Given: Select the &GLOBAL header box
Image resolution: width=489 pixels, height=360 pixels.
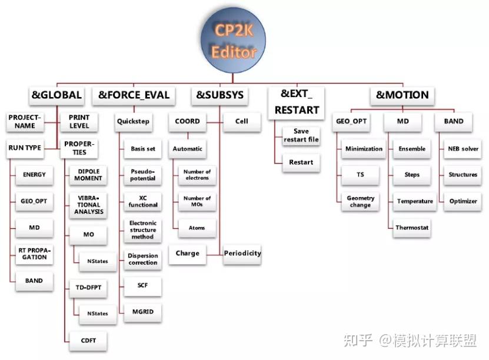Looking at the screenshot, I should pyautogui.click(x=56, y=95).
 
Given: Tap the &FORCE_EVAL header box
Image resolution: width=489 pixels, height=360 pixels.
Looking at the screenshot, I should pyautogui.click(x=134, y=95).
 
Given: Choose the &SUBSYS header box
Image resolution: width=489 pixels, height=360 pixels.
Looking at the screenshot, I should pyautogui.click(x=219, y=95).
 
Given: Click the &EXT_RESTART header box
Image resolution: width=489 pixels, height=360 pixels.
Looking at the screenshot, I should pyautogui.click(x=297, y=102).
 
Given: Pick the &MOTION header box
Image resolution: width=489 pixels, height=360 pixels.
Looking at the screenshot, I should pyautogui.click(x=402, y=95).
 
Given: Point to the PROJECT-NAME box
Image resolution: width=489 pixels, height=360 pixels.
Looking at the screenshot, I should pyautogui.click(x=25, y=121).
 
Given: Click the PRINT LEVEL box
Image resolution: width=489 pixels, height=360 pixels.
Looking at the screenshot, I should pyautogui.click(x=79, y=121).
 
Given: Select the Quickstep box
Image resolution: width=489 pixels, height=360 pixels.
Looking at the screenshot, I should pyautogui.click(x=133, y=122).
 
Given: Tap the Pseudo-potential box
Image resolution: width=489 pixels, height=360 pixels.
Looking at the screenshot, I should pyautogui.click(x=143, y=174).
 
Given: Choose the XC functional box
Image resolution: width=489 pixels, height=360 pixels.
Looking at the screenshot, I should pyautogui.click(x=143, y=201).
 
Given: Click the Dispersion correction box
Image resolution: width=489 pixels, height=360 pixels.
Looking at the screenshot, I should pyautogui.click(x=143, y=259).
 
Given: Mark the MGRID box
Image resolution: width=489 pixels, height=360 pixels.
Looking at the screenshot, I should pyautogui.click(x=143, y=312).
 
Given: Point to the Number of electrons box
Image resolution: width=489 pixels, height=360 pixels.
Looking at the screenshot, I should pyautogui.click(x=197, y=174).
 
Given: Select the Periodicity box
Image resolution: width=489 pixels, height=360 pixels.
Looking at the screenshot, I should pyautogui.click(x=242, y=254).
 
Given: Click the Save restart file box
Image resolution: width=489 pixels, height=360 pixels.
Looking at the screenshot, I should pyautogui.click(x=300, y=135).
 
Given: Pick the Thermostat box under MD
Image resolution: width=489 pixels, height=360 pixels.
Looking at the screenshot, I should pyautogui.click(x=412, y=227).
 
